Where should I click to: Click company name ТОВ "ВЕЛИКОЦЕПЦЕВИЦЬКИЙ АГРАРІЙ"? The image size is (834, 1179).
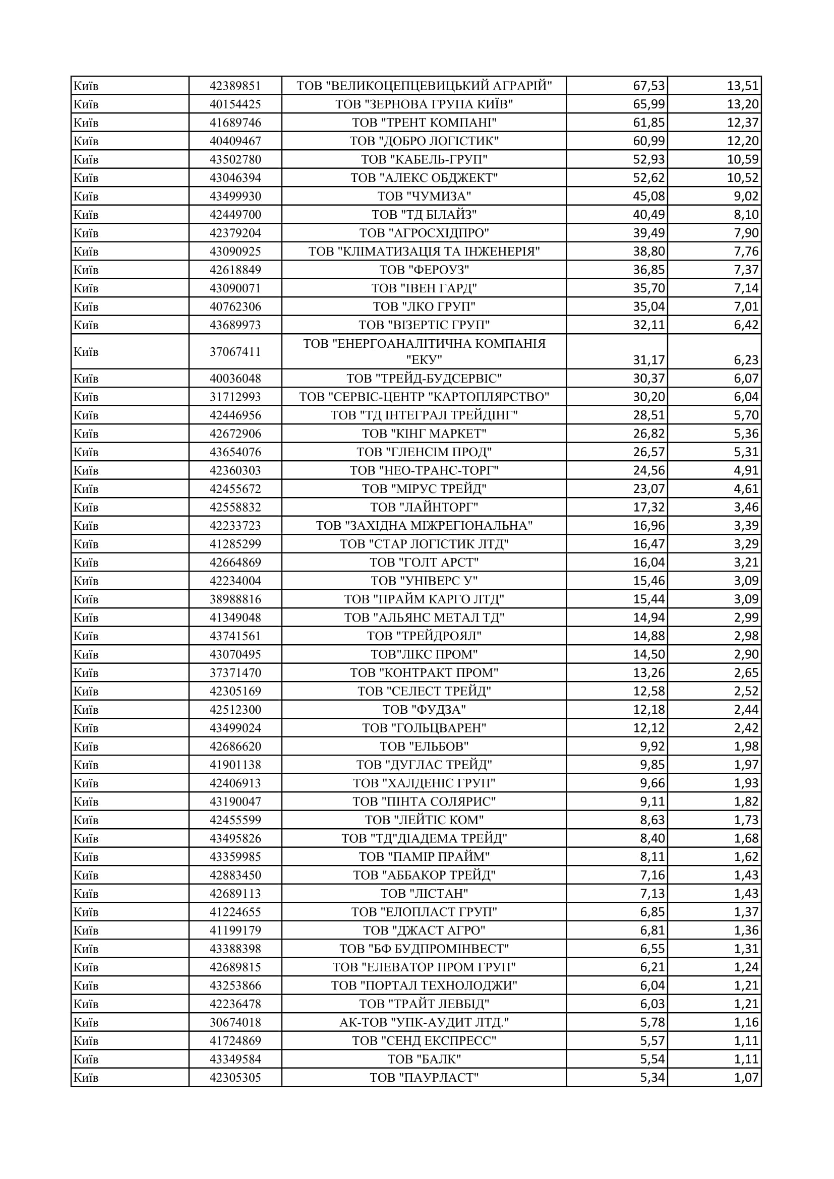(424, 86)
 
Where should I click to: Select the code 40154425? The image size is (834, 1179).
(235, 104)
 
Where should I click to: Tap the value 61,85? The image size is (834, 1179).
(648, 122)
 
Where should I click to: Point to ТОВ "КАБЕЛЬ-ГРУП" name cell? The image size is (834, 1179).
(424, 159)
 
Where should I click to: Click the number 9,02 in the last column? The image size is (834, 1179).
(746, 196)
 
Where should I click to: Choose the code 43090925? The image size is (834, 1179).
(235, 252)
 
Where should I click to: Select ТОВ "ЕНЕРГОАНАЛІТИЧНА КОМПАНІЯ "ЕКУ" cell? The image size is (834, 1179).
(424, 351)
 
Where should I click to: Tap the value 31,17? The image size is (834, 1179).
(648, 360)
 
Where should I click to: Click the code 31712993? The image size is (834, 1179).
(235, 397)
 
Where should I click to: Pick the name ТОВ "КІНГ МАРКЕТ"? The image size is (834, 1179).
(424, 434)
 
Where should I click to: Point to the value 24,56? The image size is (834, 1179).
(648, 470)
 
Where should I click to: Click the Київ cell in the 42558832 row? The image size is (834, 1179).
(86, 508)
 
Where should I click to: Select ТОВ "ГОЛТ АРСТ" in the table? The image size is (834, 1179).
(424, 563)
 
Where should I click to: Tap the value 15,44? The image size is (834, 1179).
(648, 599)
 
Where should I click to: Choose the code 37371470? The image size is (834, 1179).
(235, 673)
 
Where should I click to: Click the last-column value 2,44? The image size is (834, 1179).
(746, 710)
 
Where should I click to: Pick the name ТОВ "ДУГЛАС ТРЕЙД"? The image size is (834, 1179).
(424, 765)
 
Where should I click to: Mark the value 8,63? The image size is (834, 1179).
(652, 820)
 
